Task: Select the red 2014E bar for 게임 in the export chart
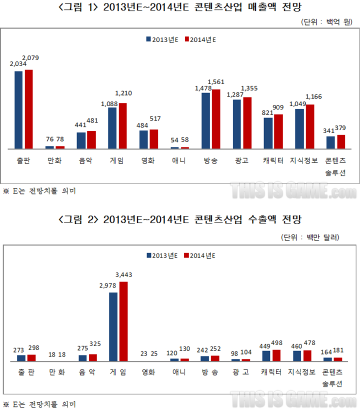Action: point(123,321)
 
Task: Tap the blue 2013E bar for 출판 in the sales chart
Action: point(18,110)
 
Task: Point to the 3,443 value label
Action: point(124,275)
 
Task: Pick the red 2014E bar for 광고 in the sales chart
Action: point(247,123)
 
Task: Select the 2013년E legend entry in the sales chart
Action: point(162,40)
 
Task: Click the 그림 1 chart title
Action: point(180,7)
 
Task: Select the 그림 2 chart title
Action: point(180,220)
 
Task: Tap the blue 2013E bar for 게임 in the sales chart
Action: point(112,128)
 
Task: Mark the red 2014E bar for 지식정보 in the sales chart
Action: point(310,126)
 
